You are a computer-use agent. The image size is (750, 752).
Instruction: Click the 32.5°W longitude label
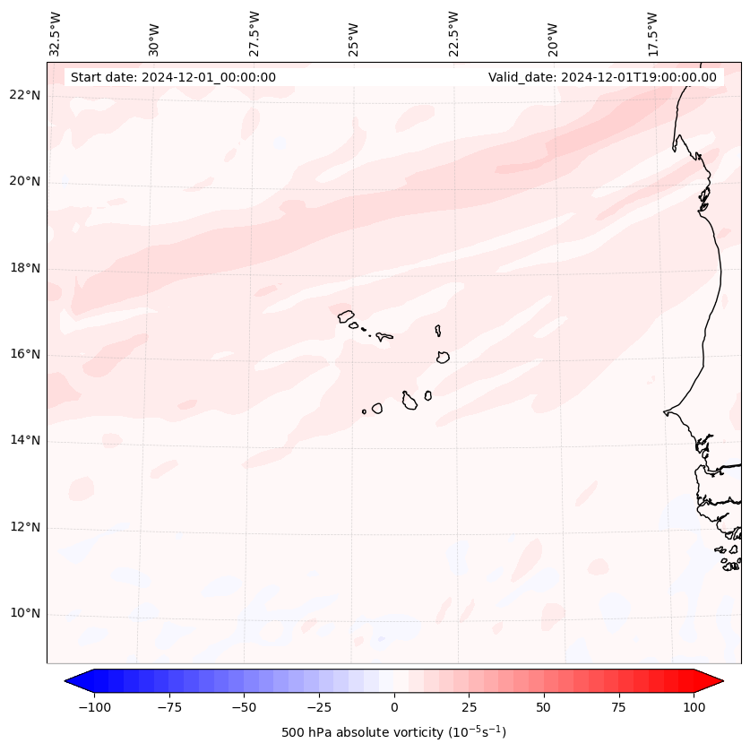pyautogui.click(x=56, y=34)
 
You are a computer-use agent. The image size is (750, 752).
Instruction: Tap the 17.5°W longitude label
pyautogui.click(x=652, y=34)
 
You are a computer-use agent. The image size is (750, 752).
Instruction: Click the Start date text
pyautogui.click(x=173, y=77)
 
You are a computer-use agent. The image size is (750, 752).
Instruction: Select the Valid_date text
pyautogui.click(x=602, y=77)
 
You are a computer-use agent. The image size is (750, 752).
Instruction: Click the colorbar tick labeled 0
pyautogui.click(x=394, y=707)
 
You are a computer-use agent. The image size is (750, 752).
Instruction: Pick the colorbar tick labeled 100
pyautogui.click(x=694, y=707)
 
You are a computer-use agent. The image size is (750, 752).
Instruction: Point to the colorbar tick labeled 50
pyautogui.click(x=544, y=707)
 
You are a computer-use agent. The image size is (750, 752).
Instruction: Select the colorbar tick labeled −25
pyautogui.click(x=319, y=707)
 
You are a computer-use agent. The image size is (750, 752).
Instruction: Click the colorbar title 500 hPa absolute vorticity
pyautogui.click(x=393, y=732)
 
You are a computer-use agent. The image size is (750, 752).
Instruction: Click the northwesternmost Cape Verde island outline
pyautogui.click(x=346, y=315)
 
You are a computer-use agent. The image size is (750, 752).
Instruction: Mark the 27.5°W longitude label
pyautogui.click(x=254, y=34)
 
